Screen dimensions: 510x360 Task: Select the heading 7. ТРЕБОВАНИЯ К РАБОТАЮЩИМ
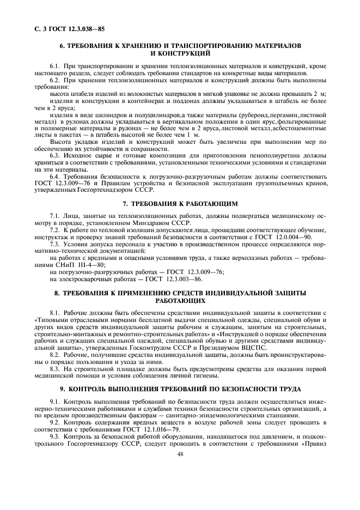pos(180,203)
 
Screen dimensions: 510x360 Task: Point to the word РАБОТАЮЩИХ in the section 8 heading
pos(180,300)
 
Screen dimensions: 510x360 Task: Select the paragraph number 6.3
pos(55,155)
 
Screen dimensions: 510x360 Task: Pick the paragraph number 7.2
pos(55,230)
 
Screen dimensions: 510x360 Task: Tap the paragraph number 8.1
pos(55,313)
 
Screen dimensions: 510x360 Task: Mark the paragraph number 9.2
pos(55,422)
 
